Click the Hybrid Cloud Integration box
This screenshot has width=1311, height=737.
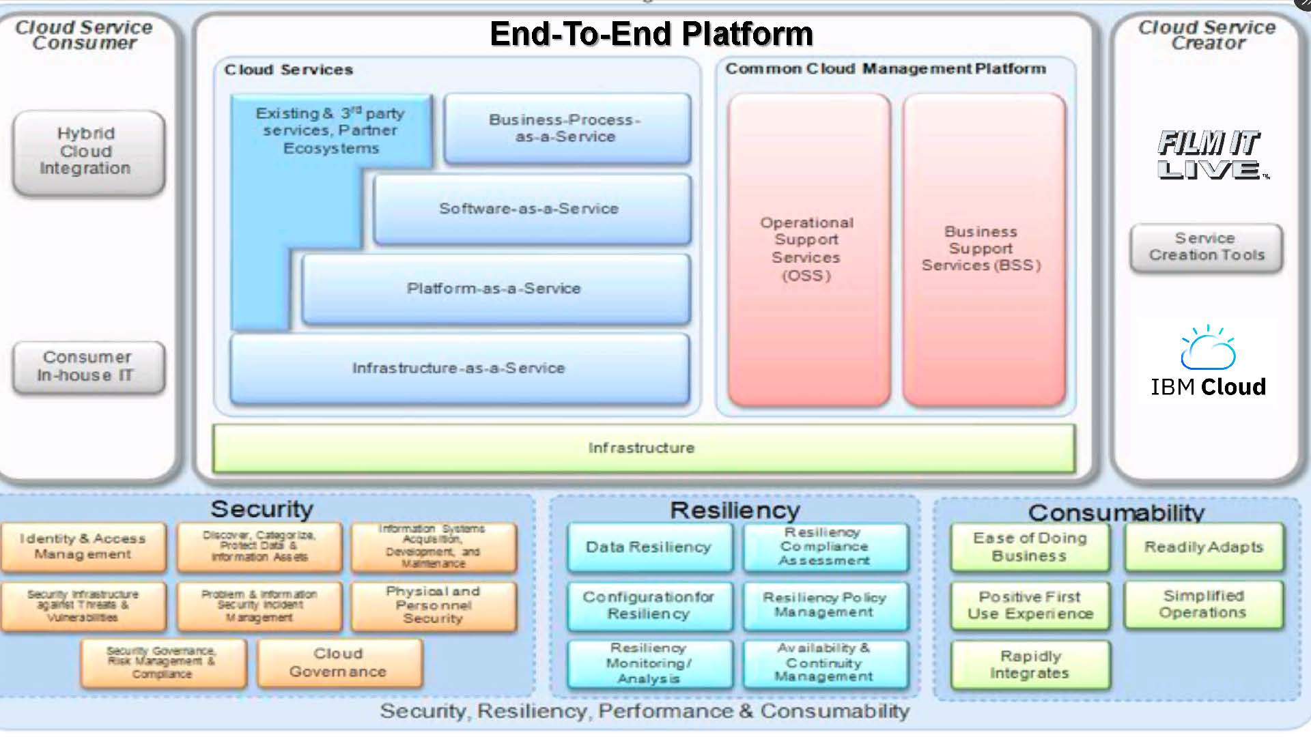(88, 151)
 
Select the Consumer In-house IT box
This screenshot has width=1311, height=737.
(88, 367)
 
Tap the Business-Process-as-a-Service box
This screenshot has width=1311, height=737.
(567, 128)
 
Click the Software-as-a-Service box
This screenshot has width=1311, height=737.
(531, 209)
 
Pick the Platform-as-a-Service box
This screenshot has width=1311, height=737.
(495, 289)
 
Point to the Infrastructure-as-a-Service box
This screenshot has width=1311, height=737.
(459, 369)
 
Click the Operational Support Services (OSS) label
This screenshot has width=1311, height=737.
(807, 249)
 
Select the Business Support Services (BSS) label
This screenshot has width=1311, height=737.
(982, 249)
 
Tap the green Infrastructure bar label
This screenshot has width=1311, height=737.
(642, 448)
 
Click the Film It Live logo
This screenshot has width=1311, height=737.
(1209, 155)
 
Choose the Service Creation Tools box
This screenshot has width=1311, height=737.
(1207, 247)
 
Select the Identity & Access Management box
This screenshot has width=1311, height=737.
(83, 547)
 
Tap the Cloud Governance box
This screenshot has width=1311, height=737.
(339, 663)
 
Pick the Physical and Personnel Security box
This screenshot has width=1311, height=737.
(434, 605)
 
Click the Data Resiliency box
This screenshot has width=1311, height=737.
(649, 547)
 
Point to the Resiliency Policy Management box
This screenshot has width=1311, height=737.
(825, 605)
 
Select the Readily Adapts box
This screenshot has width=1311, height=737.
(1204, 547)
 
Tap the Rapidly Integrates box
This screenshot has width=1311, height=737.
(1030, 665)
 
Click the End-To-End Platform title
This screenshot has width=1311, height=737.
(651, 34)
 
